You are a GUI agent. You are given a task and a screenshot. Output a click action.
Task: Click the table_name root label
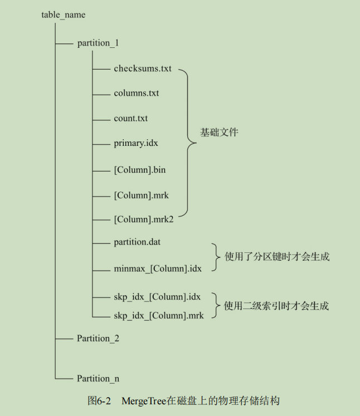tap(64, 14)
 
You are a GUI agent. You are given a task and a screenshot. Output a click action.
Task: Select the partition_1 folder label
tap(98, 43)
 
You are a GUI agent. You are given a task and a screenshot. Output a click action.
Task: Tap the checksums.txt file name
tap(143, 68)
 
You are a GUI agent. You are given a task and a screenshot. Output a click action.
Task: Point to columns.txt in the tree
tap(136, 93)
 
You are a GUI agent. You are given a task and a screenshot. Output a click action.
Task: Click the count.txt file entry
tap(131, 118)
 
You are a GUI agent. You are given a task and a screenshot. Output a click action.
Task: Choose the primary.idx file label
tap(136, 143)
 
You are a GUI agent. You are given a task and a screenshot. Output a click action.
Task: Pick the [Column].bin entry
tap(139, 169)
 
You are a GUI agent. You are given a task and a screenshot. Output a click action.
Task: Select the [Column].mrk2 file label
tap(144, 219)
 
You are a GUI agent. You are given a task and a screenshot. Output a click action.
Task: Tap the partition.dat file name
tap(137, 242)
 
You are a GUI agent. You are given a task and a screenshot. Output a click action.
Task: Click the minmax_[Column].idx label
tap(157, 269)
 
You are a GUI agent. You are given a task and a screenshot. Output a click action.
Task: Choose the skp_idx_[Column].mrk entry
tap(158, 316)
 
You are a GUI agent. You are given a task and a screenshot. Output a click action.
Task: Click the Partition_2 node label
tap(98, 338)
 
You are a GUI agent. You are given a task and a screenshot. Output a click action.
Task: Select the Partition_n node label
tap(98, 378)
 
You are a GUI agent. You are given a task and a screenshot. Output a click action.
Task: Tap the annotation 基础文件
tap(219, 133)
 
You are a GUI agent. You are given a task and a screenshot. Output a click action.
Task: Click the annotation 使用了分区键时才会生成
tap(277, 257)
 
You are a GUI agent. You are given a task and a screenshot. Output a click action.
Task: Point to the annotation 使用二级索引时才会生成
tap(276, 306)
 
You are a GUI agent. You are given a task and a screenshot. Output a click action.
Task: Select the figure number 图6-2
tap(100, 401)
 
